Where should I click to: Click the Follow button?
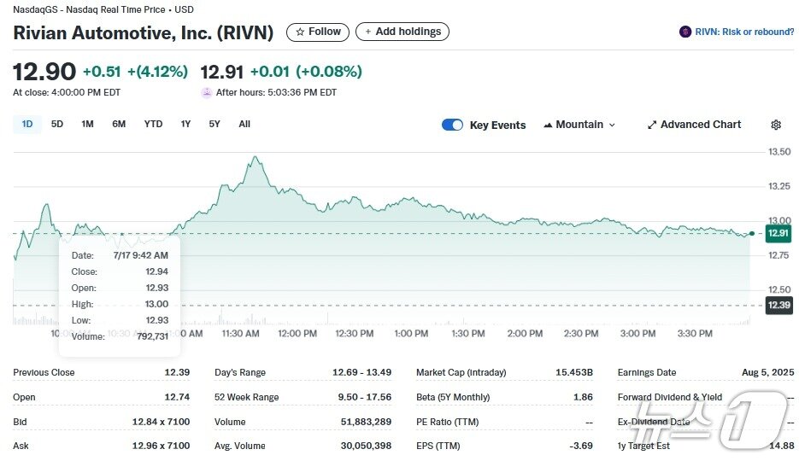click(318, 32)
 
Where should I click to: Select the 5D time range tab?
click(57, 124)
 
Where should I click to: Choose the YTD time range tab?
click(153, 124)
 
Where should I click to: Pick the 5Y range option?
click(214, 124)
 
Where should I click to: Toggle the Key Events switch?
click(452, 125)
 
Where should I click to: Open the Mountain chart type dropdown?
click(579, 125)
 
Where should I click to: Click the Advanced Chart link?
click(694, 125)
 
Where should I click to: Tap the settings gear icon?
click(776, 125)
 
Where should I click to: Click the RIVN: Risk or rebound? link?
click(736, 32)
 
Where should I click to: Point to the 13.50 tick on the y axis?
click(779, 152)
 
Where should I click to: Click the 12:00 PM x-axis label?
click(297, 334)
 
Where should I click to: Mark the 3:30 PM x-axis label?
click(694, 334)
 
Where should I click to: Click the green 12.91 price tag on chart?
click(778, 232)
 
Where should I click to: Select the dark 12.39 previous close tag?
click(778, 305)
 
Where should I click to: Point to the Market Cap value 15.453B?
click(574, 372)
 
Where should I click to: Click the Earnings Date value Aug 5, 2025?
click(767, 372)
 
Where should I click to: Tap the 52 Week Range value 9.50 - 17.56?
click(362, 397)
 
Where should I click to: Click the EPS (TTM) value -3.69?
click(582, 446)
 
